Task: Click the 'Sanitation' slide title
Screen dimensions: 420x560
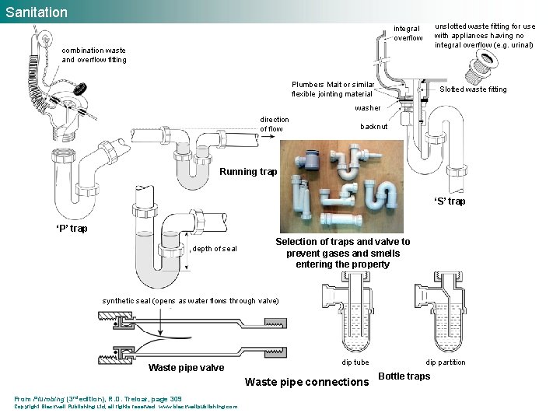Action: pos(36,12)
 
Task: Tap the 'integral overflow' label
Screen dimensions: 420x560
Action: pos(408,33)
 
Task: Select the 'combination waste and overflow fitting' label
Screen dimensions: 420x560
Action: pos(93,55)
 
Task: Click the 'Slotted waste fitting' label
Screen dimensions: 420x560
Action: pos(473,89)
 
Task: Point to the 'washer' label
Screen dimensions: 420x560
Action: pos(368,108)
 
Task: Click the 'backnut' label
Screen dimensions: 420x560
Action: pos(373,126)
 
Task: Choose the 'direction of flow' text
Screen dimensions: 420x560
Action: pos(274,124)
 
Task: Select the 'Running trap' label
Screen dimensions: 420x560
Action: pos(248,172)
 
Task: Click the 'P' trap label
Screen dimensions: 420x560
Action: pos(72,229)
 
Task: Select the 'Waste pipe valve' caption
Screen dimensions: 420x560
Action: pos(186,368)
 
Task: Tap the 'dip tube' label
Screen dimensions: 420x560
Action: pos(355,362)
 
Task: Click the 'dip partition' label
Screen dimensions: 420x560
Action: pos(446,362)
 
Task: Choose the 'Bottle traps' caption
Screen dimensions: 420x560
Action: pos(404,376)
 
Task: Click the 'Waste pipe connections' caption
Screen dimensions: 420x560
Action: pos(306,382)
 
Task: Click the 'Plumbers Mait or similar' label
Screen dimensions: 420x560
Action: pos(332,89)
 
